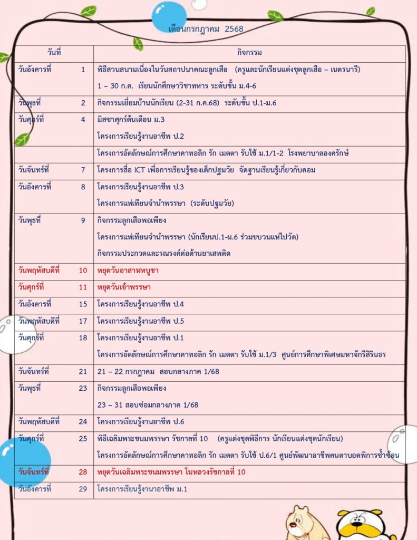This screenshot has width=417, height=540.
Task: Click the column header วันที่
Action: [54, 53]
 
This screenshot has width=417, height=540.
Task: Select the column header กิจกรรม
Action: [249, 53]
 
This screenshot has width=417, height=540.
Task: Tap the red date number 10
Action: [83, 271]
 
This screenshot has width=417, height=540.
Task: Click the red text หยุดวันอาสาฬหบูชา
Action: [128, 271]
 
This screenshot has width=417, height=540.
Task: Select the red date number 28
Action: [83, 472]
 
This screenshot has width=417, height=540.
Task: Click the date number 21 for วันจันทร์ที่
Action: [83, 372]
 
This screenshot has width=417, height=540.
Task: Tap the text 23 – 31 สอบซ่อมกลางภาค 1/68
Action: [147, 405]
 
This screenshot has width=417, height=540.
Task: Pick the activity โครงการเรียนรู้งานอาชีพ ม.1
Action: [142, 489]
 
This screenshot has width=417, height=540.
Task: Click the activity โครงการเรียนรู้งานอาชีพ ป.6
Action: [141, 422]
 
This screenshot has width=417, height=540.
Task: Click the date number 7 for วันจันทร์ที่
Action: [83, 170]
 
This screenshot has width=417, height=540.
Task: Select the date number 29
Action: [83, 489]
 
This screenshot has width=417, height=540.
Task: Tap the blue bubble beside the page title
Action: [169, 15]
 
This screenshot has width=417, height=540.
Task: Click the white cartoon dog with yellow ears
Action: [360, 524]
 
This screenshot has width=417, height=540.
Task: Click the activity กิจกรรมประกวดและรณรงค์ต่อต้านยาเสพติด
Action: [164, 253]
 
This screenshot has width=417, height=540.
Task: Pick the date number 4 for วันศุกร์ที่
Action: [83, 119]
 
